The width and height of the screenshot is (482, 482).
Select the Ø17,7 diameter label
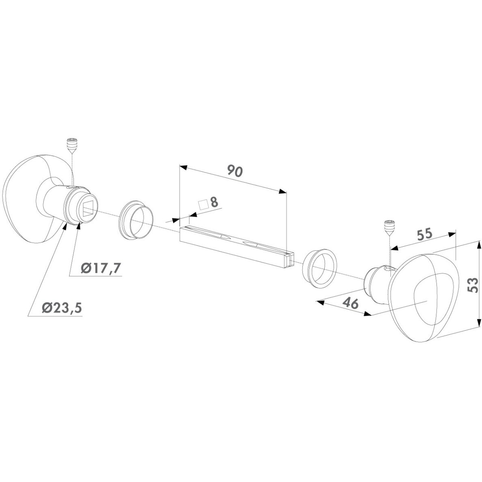click(x=101, y=268)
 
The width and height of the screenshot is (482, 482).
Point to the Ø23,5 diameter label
click(x=62, y=307)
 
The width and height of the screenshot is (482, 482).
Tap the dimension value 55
click(x=425, y=235)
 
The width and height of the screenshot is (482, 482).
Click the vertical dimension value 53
click(x=473, y=285)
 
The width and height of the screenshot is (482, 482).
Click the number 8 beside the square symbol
click(x=214, y=202)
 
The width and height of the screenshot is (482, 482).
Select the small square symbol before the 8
click(x=203, y=205)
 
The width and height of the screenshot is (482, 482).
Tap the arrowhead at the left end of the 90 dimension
click(x=183, y=168)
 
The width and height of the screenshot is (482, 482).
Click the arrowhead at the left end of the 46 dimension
click(x=320, y=303)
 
